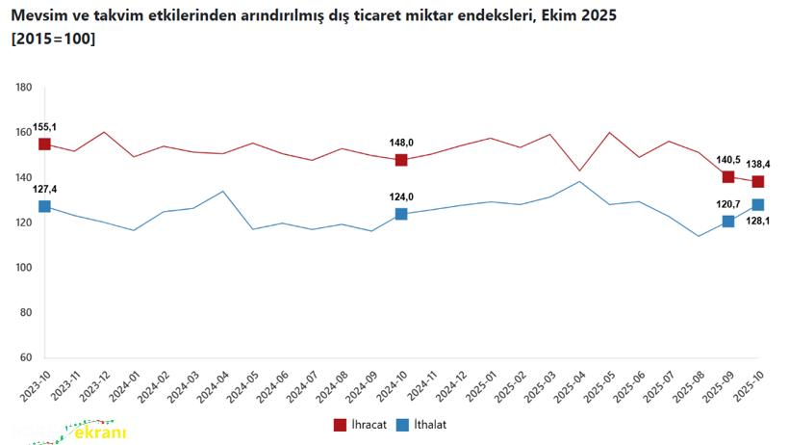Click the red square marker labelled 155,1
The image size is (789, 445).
click(44, 144)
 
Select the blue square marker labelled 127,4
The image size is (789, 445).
click(44, 206)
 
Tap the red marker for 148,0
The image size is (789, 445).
click(401, 160)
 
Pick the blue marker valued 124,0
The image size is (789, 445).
click(401, 214)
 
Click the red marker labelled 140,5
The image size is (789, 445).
click(728, 177)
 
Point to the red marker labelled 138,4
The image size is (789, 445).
click(758, 182)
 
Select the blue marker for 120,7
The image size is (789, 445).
click(728, 222)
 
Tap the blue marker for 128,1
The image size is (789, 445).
click(758, 204)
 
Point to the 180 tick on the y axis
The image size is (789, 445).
click(25, 88)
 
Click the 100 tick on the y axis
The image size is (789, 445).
click(25, 268)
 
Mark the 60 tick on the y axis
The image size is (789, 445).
click(27, 358)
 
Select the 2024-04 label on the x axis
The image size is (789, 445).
click(214, 388)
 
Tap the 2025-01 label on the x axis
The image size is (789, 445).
click(481, 388)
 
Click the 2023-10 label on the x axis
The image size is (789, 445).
click(36, 388)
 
